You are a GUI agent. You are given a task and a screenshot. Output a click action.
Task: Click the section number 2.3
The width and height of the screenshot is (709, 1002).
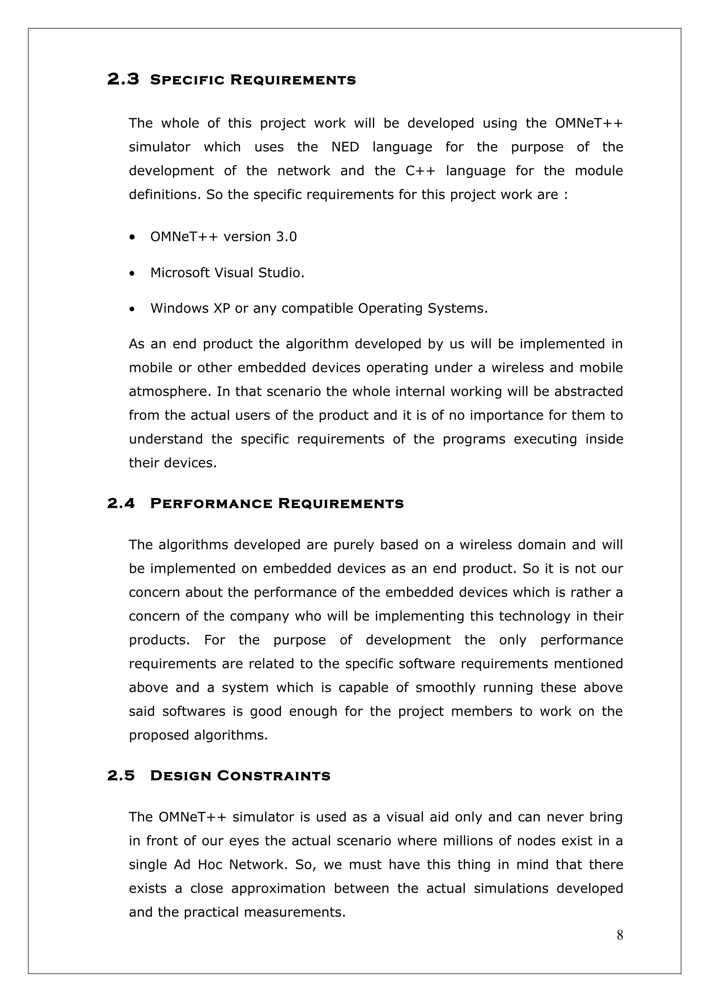tap(123, 80)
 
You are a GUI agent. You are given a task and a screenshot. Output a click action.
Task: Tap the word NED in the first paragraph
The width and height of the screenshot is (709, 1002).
tap(345, 147)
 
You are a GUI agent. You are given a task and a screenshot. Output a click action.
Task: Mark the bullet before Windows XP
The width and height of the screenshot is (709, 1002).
tap(132, 309)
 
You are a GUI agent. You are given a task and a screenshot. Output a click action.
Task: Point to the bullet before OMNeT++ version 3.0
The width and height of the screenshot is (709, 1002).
tap(132, 238)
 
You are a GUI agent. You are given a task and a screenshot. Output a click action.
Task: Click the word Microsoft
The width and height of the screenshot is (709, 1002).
tap(180, 273)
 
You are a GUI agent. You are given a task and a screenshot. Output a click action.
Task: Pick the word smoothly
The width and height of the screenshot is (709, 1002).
tap(445, 687)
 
